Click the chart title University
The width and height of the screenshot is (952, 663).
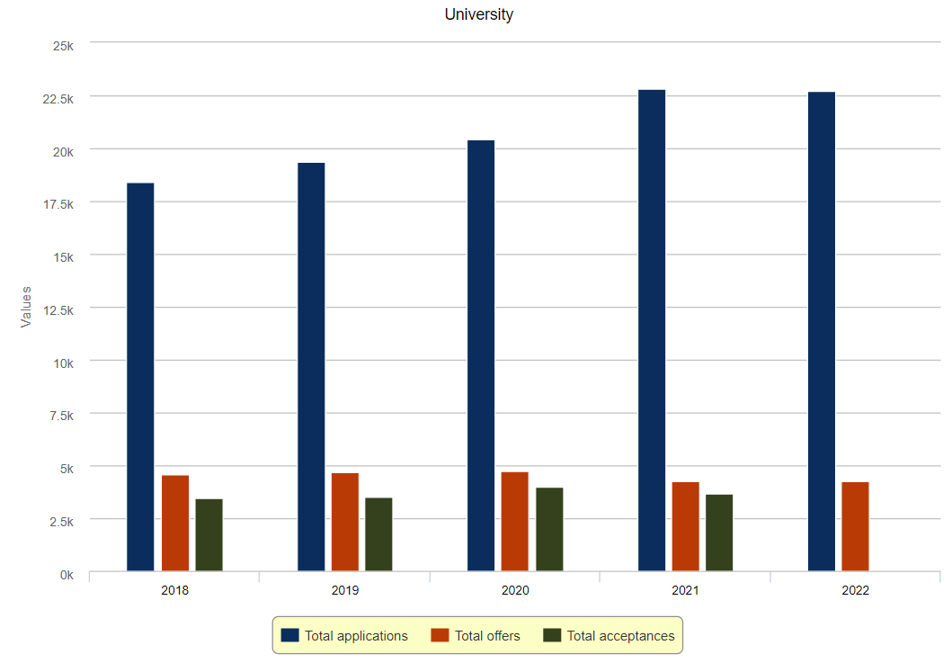point(479,14)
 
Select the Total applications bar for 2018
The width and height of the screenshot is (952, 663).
point(140,377)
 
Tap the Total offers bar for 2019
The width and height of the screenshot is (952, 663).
point(345,522)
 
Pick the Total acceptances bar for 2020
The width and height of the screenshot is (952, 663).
point(549,529)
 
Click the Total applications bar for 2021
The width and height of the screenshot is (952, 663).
point(652,330)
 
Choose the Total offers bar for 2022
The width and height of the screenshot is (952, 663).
point(855,526)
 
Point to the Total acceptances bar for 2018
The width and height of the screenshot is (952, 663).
point(209,534)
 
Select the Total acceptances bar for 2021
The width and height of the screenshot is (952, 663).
point(719,533)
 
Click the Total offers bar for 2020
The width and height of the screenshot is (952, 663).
point(515,521)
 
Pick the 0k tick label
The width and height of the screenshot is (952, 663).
point(67,574)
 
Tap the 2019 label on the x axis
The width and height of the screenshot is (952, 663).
point(345,591)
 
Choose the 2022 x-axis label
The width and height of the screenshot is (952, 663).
point(855,591)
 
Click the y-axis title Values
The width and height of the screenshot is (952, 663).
point(26,307)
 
